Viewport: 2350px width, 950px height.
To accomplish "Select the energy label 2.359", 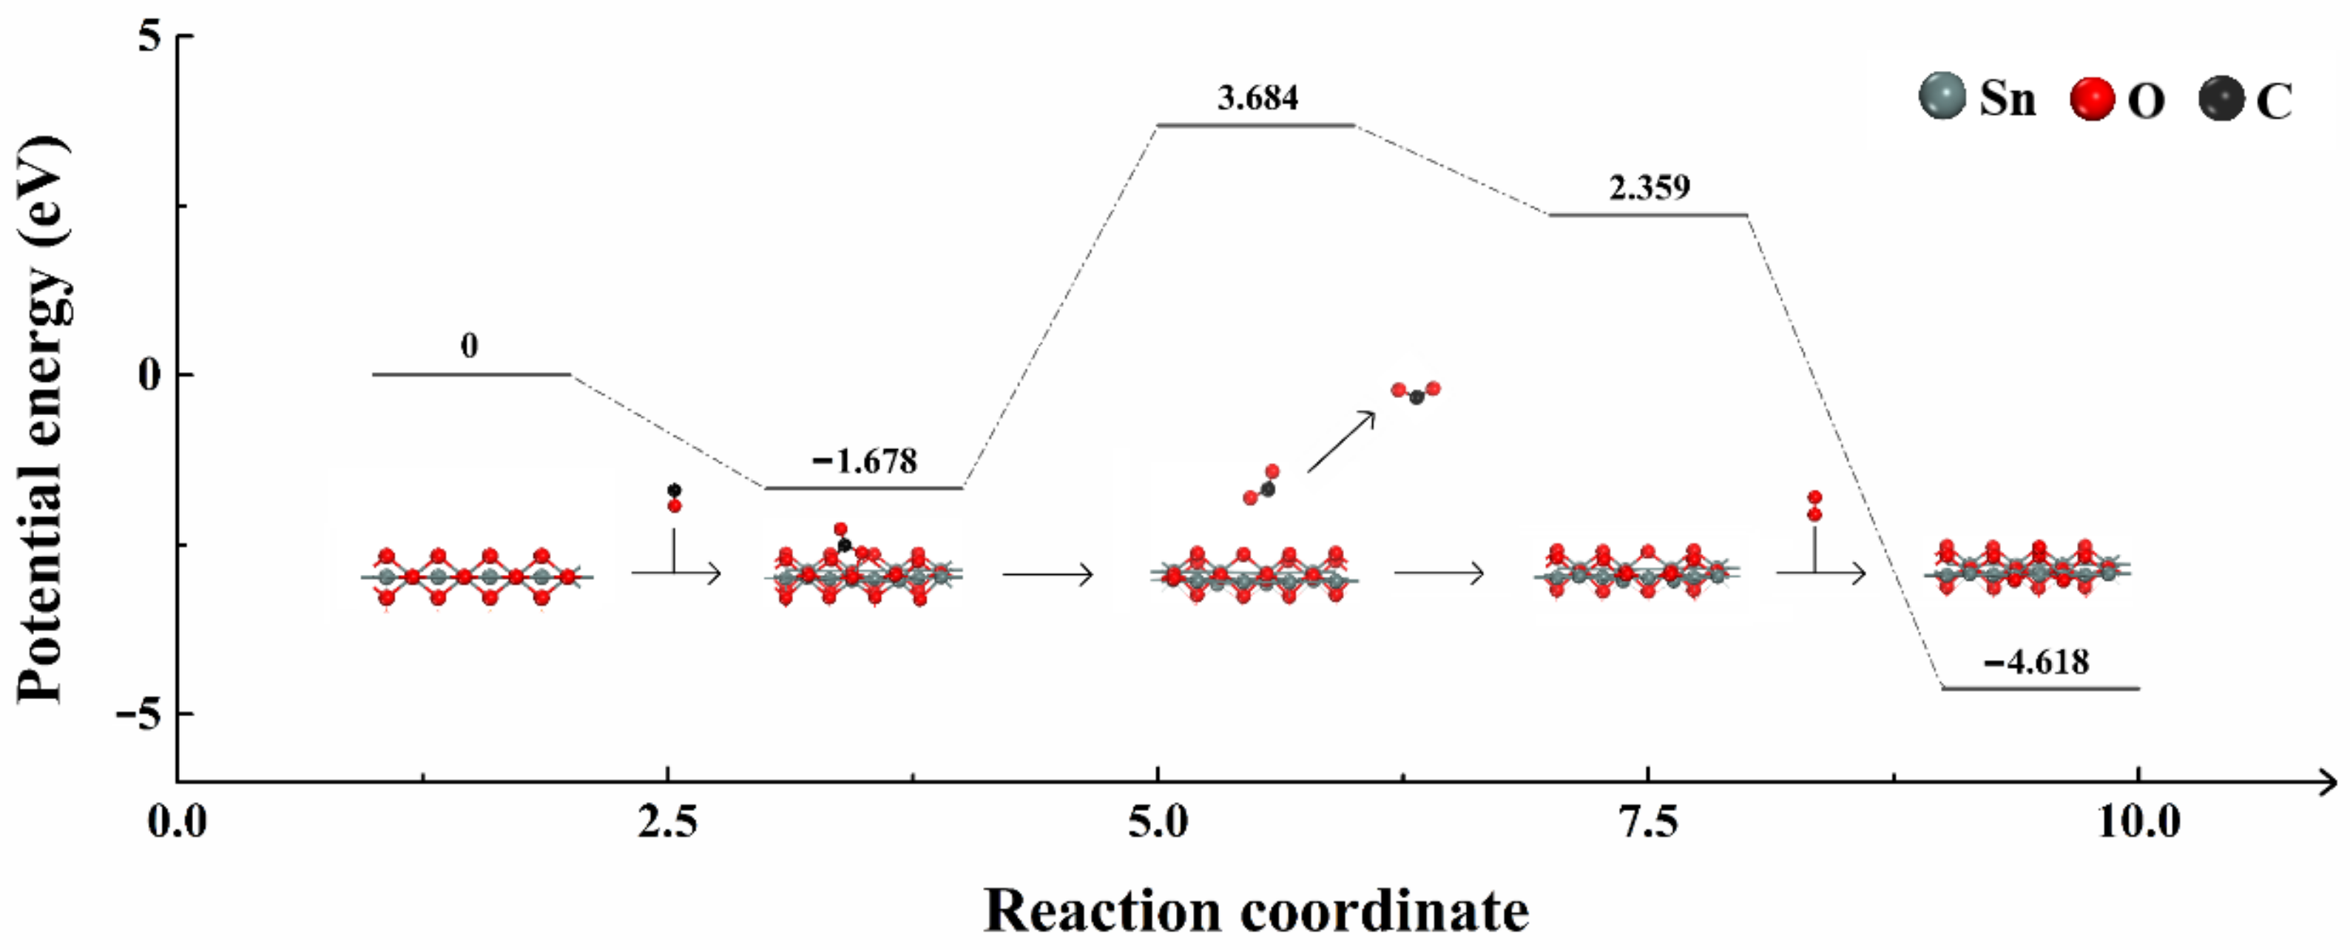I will [x=1649, y=187].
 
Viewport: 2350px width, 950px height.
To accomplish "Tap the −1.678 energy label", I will [x=864, y=461].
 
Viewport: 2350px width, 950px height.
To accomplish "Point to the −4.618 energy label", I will [x=2036, y=661].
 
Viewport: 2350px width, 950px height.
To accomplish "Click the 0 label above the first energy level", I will [x=469, y=346].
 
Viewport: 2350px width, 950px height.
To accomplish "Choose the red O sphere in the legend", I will [x=2093, y=98].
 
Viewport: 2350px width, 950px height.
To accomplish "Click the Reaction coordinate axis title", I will [x=1256, y=911].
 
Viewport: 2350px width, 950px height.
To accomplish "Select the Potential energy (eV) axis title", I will [x=44, y=420].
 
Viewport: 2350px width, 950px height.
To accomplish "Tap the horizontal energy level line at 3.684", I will [x=1256, y=125].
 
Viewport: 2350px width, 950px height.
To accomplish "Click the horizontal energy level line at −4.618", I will [x=2040, y=689].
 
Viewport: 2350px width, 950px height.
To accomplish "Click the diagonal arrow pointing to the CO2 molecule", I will [x=1340, y=442].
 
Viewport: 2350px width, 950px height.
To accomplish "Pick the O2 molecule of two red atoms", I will [x=1814, y=505].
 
